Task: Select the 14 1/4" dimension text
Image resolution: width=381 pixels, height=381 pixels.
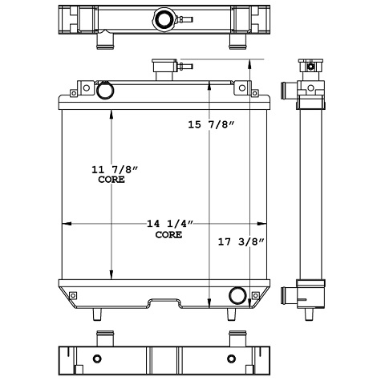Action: pos(168,224)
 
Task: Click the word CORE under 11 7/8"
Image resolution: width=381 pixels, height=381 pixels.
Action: pos(111,180)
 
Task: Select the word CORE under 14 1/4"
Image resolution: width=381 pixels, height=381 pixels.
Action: pos(168,235)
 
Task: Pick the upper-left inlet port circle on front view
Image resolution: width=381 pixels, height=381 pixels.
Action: pos(105,91)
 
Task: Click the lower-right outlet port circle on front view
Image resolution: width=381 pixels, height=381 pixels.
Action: pos(238,295)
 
